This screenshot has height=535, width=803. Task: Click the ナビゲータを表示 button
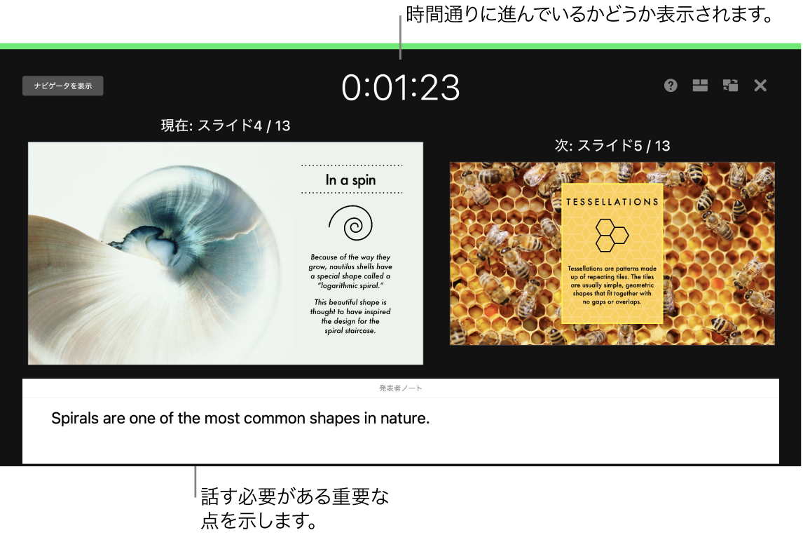point(63,86)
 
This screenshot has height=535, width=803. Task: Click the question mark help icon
point(671,86)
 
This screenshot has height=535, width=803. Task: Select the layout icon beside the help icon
point(700,86)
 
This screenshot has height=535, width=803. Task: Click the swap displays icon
point(730,86)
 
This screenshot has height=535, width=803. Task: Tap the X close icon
point(760,86)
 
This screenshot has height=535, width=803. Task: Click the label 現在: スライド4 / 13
point(226,126)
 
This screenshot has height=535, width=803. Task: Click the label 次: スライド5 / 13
point(612,146)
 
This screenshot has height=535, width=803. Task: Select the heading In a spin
point(350,180)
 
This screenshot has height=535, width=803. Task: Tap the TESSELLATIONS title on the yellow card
point(612,202)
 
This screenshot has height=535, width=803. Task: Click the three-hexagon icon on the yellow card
point(612,235)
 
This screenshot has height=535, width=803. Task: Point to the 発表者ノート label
point(401,388)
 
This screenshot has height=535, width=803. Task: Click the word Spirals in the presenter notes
point(75,419)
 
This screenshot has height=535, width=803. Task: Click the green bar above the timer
point(401,46)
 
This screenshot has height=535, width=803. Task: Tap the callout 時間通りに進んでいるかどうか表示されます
point(589,15)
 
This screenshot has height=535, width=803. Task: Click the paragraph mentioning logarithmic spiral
point(350,272)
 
